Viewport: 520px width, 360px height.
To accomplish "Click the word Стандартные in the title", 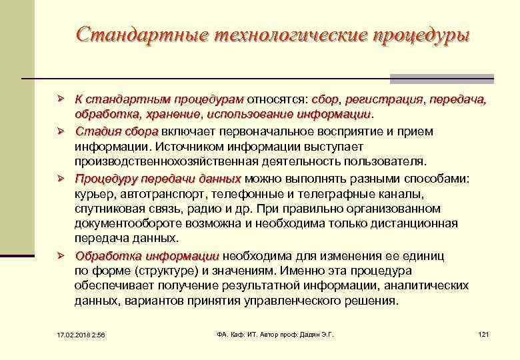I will click(139, 35).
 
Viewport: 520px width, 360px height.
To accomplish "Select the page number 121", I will click(483, 333).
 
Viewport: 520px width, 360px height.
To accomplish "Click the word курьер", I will click(93, 194).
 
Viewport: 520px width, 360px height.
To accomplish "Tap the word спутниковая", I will click(108, 209).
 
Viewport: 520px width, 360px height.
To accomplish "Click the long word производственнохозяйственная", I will click(177, 162).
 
